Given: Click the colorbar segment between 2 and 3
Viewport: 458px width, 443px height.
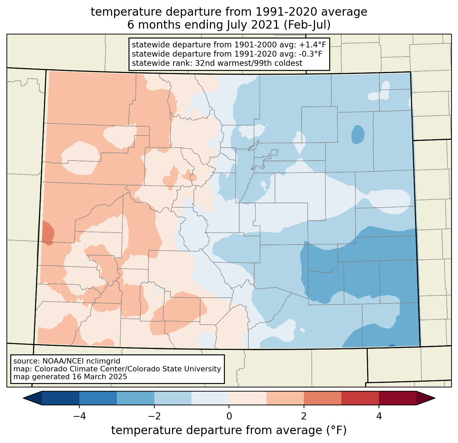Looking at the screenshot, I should [x=322, y=398].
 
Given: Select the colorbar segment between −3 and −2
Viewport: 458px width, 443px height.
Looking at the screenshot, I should [x=135, y=398].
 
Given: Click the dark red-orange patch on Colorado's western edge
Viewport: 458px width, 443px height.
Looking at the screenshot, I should [x=47, y=233].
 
